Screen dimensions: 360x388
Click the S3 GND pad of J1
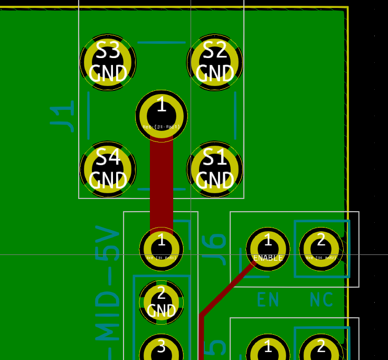[108, 62]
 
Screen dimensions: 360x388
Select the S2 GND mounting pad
[215, 62]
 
